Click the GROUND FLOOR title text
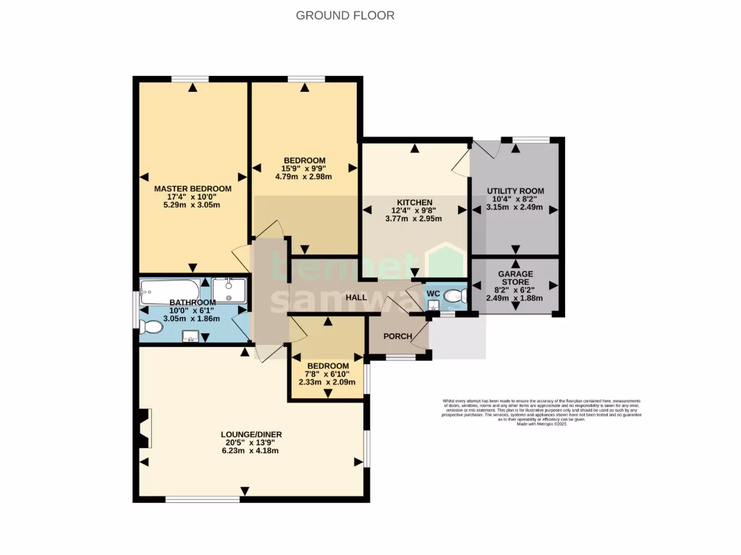(x=345, y=15)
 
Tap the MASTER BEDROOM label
(x=192, y=189)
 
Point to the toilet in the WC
(x=454, y=296)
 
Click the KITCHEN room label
(x=415, y=202)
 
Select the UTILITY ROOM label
(x=515, y=191)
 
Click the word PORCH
(x=397, y=337)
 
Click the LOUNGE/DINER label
(x=251, y=434)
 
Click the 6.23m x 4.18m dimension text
(x=251, y=450)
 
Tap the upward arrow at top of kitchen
(x=415, y=150)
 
